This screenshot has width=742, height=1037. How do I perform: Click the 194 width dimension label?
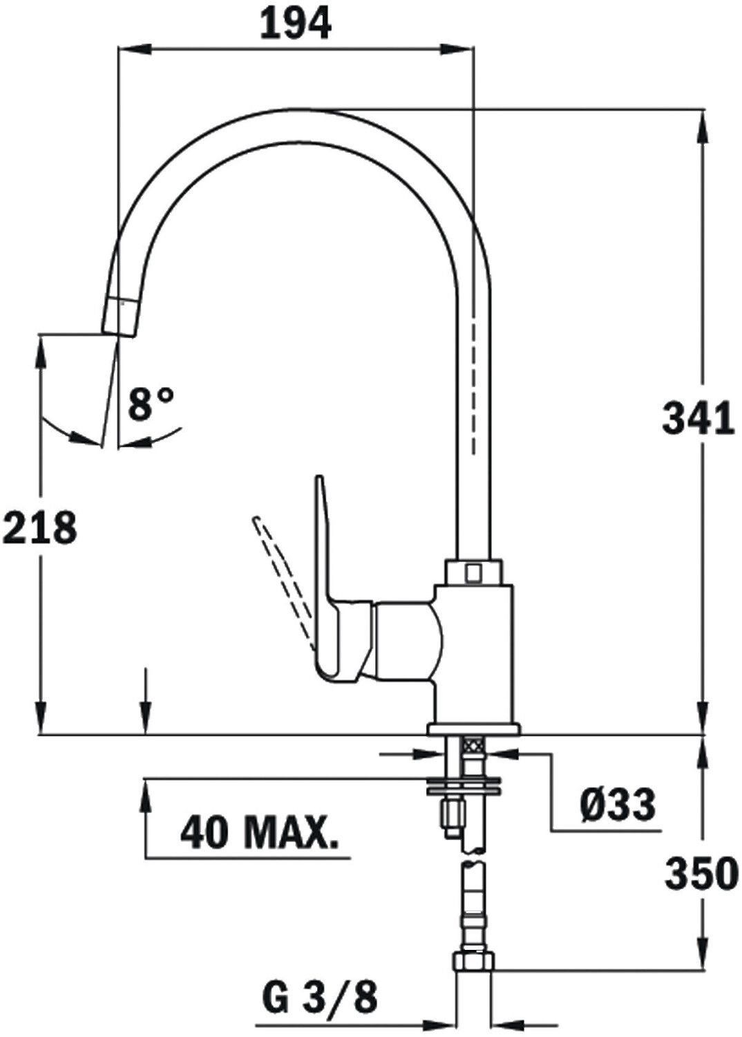coord(295,24)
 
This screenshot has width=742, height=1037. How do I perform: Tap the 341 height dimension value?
coord(698,419)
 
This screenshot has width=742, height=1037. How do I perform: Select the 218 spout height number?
coord(39,528)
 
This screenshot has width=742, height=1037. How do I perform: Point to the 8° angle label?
coord(151,404)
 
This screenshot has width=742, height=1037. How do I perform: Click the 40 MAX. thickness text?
coord(260,832)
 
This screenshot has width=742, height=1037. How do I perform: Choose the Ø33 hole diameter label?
coord(617,805)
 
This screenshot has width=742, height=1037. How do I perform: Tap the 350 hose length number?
coord(701,874)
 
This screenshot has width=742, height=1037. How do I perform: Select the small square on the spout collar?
coord(473,572)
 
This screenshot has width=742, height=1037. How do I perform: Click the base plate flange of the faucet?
coord(473,729)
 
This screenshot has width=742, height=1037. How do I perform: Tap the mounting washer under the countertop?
coord(464,785)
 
